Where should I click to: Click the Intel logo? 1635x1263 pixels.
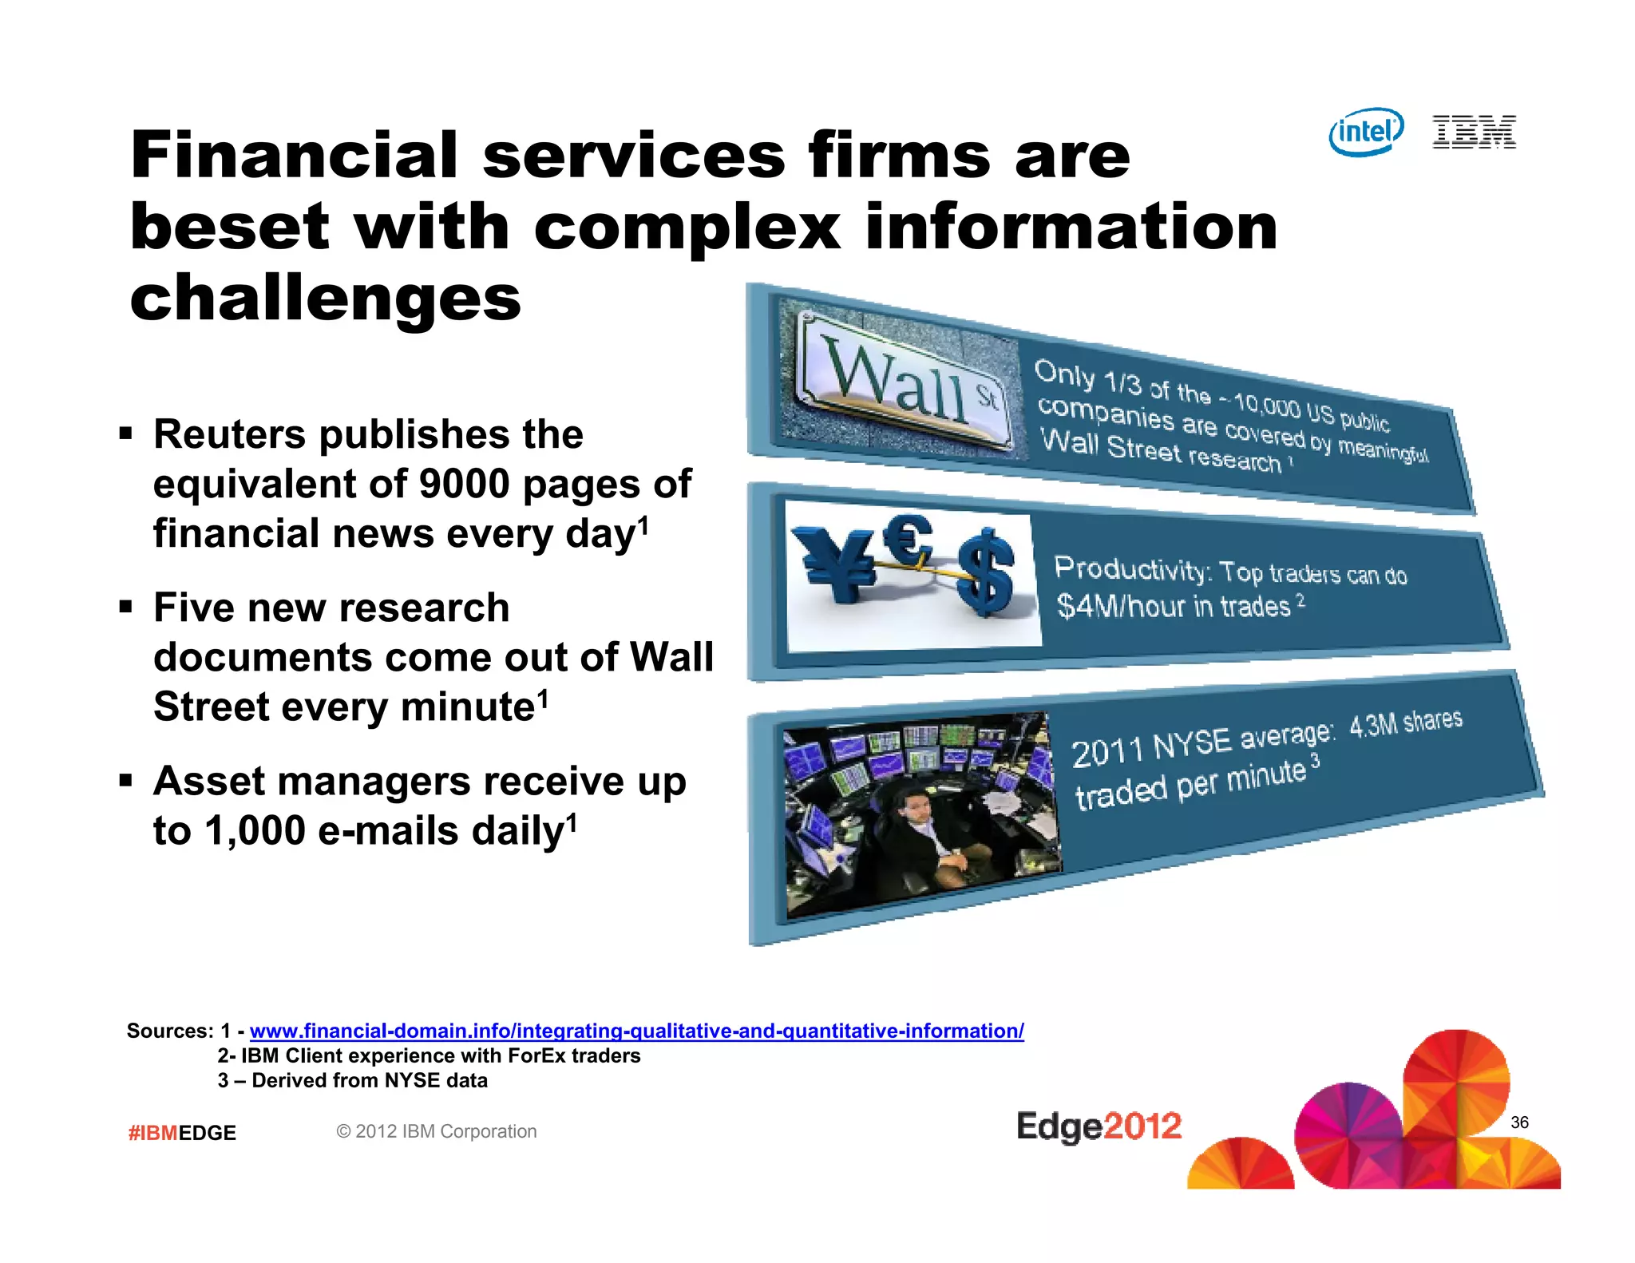(x=1365, y=132)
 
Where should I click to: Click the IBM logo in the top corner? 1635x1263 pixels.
(x=1474, y=132)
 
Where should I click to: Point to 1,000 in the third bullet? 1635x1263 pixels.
(x=255, y=831)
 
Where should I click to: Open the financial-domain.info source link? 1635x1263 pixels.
(x=636, y=1031)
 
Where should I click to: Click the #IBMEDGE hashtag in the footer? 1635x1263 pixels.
(x=182, y=1133)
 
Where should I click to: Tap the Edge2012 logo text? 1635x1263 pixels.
(x=1099, y=1126)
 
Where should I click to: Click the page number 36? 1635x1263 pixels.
(x=1519, y=1122)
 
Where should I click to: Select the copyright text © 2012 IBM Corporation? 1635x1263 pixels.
(x=436, y=1131)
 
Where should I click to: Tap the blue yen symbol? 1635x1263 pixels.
(x=838, y=563)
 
